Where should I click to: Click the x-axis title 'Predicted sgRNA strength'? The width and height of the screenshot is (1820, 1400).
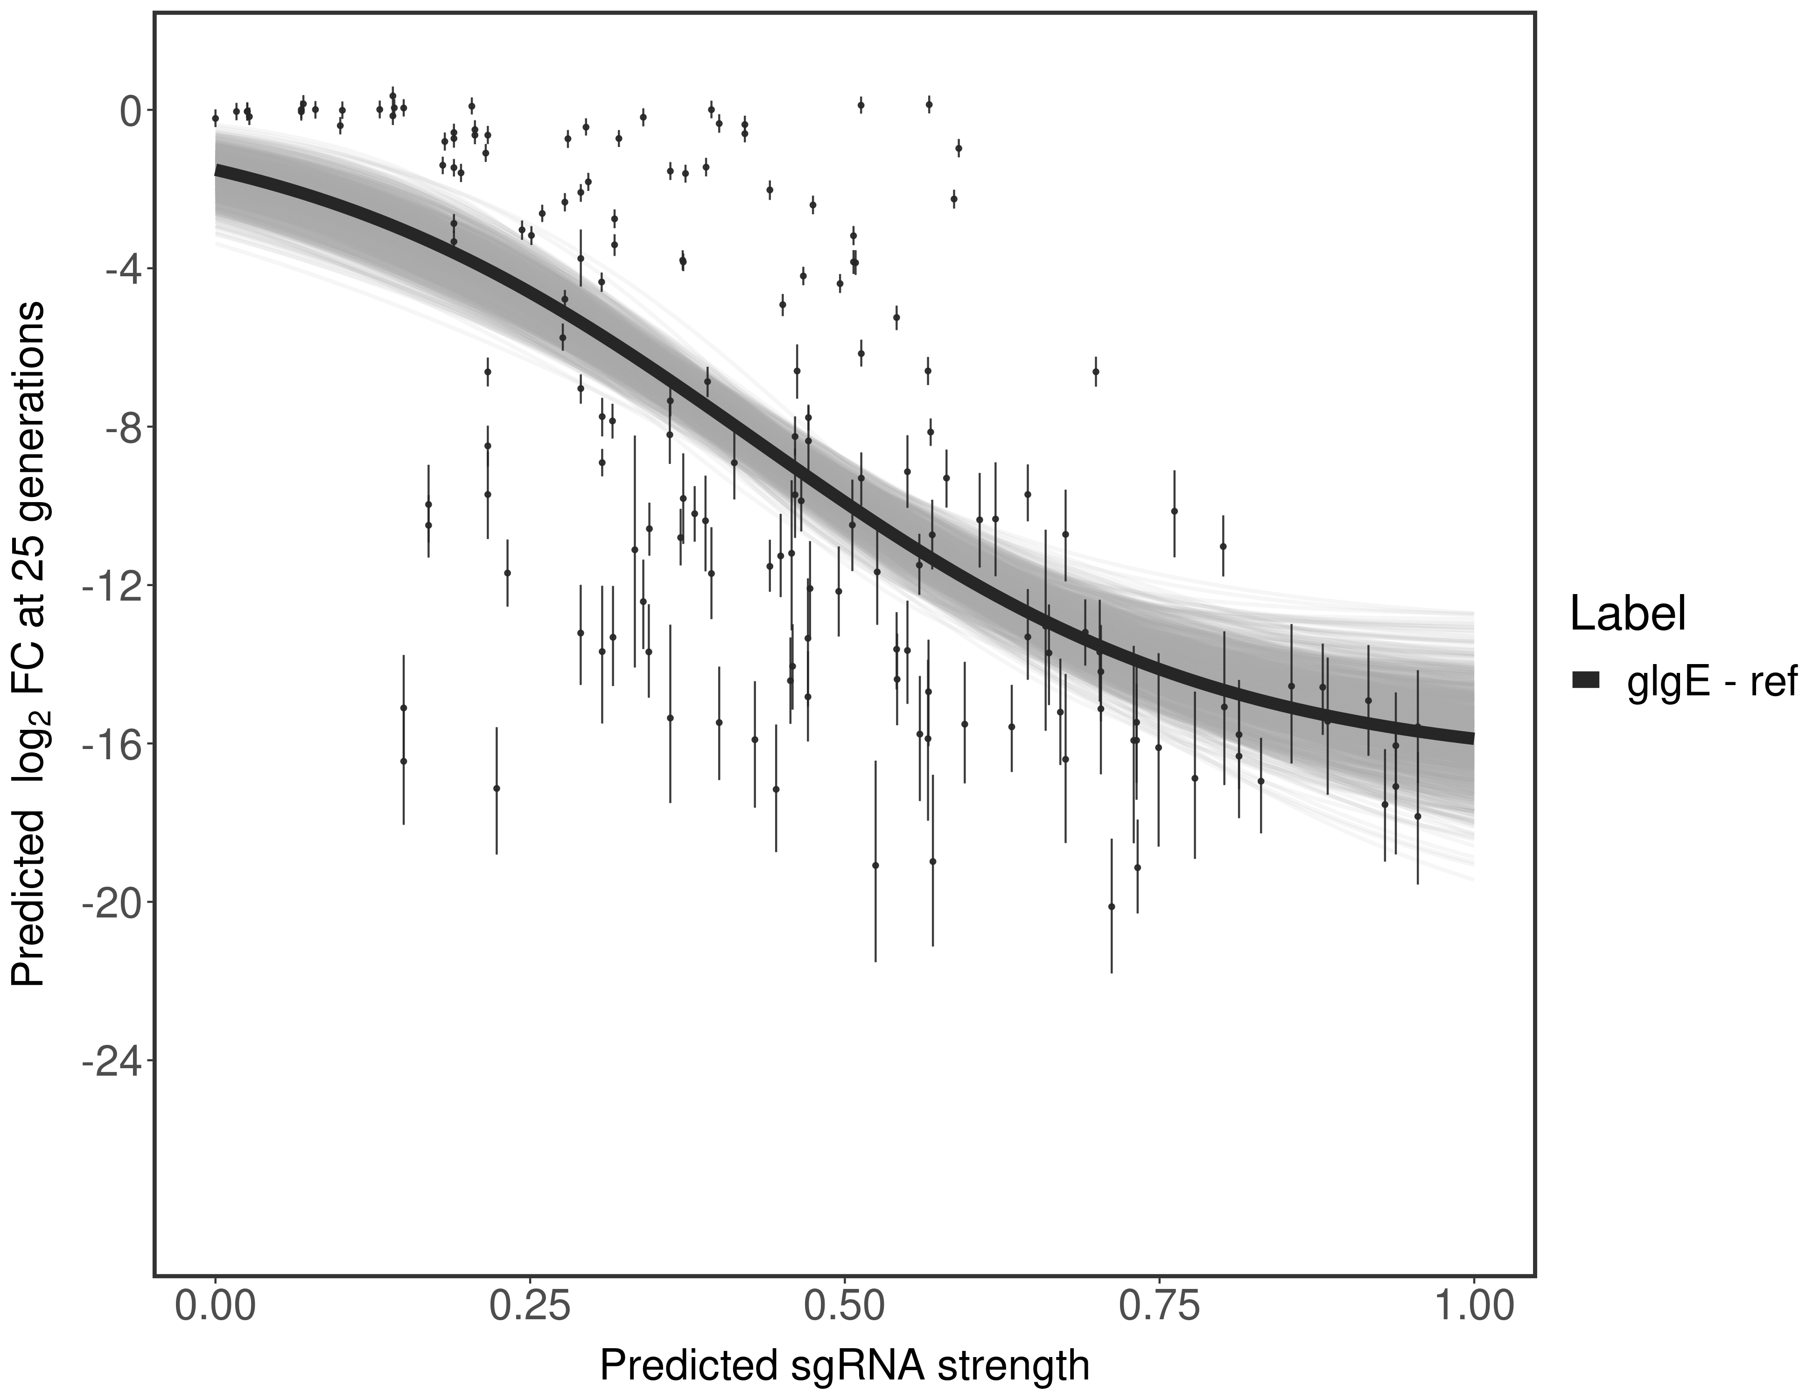pyautogui.click(x=844, y=1367)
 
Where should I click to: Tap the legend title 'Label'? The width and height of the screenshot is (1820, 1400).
pyautogui.click(x=1628, y=614)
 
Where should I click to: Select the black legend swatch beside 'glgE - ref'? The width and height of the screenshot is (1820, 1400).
pyautogui.click(x=1584, y=680)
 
